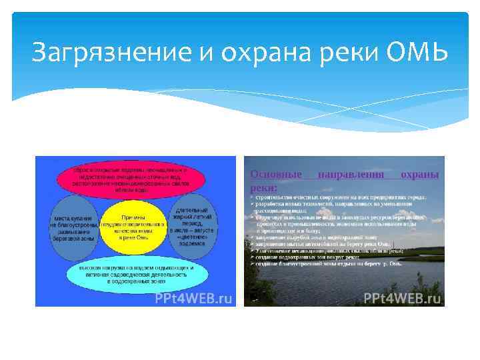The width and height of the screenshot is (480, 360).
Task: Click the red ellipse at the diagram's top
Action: point(134,179)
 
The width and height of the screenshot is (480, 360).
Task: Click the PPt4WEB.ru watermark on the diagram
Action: point(193,298)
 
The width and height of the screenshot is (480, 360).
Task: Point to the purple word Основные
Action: point(275,175)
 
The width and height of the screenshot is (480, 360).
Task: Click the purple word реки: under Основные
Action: point(263,188)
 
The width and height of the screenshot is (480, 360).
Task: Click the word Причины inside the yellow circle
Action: point(134,217)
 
